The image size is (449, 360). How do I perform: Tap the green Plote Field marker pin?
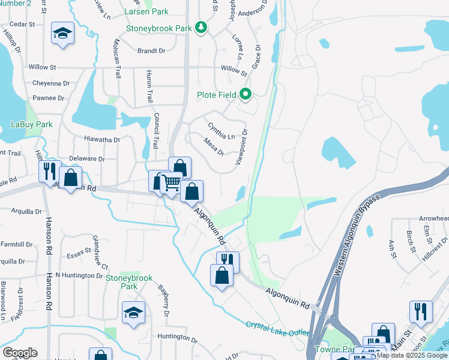[246, 94]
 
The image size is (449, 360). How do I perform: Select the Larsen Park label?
[146, 11]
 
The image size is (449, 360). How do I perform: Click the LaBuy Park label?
[32, 124]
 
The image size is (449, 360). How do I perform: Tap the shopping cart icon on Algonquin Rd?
[172, 182]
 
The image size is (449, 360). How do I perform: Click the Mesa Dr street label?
[214, 147]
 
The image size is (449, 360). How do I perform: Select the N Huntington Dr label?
[79, 275]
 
